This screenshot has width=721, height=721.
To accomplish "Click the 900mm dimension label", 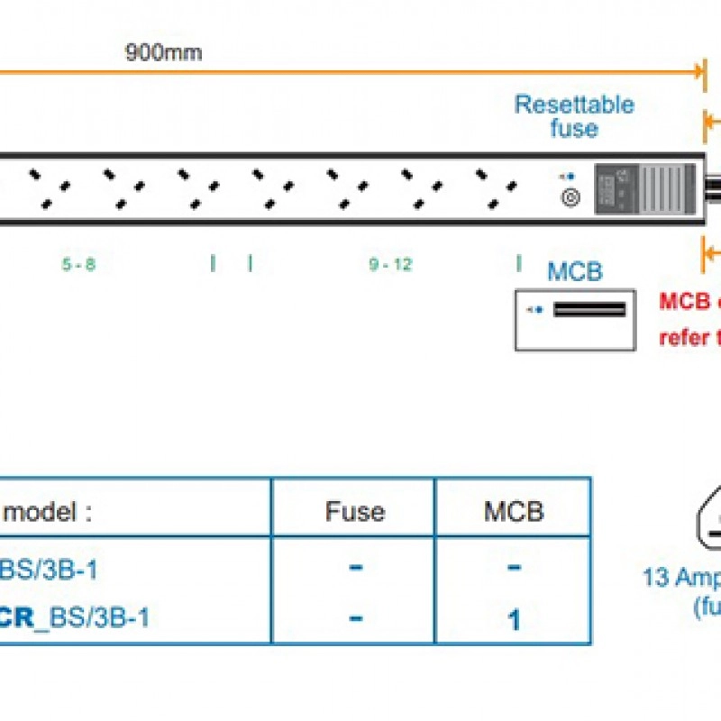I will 163,51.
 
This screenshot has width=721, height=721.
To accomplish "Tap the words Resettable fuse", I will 574,116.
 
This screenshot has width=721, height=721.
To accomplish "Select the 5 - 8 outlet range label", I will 78,265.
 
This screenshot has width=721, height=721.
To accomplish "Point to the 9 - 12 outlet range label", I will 390,265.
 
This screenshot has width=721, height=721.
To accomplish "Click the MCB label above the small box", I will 575,271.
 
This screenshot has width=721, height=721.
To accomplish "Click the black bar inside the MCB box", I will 589,310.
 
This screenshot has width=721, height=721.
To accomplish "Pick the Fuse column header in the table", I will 355,512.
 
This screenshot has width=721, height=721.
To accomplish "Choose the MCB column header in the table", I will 514,512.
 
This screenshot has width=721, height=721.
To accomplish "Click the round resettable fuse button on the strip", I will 570,197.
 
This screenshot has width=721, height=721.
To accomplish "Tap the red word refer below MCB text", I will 685,337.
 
